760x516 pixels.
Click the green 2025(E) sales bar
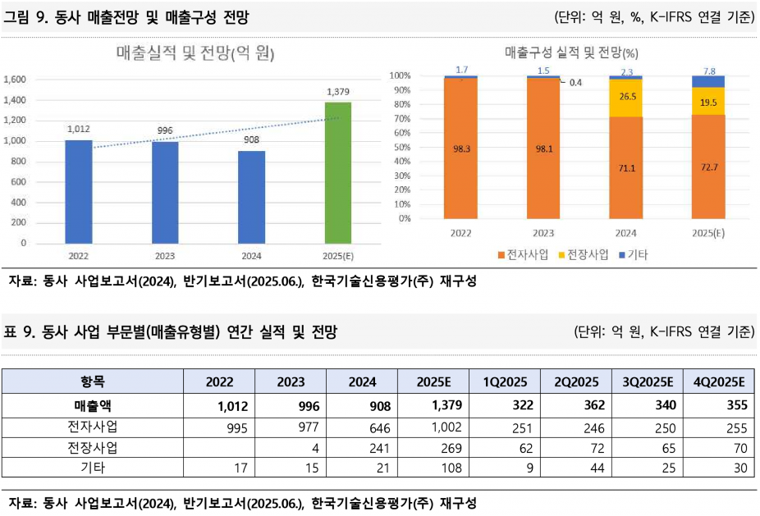click(x=338, y=172)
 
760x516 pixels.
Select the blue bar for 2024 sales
click(x=252, y=197)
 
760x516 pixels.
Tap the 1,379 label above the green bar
click(x=338, y=91)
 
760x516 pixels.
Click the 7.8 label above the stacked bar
click(x=707, y=71)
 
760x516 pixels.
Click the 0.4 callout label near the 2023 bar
click(x=575, y=82)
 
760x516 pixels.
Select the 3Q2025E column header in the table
click(x=648, y=381)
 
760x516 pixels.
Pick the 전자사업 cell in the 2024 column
click(x=362, y=427)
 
